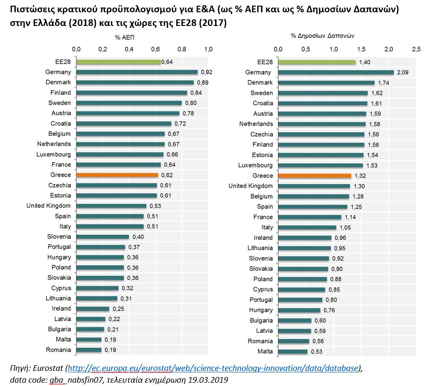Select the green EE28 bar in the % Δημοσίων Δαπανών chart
(316, 62)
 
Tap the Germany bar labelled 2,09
(335, 72)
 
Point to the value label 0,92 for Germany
(206, 72)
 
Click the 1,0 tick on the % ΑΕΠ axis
(208, 49)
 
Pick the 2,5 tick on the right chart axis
(416, 49)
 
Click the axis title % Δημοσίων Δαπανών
(323, 35)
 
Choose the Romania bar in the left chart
(89, 350)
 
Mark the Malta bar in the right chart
(293, 352)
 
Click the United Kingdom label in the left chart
(49, 206)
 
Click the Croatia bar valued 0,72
(123, 124)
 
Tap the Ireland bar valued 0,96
(305, 238)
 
